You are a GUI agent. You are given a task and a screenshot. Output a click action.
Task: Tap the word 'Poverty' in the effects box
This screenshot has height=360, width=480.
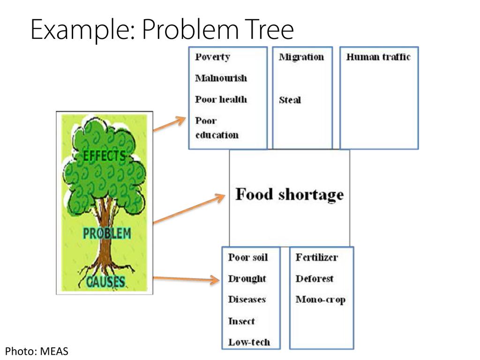click(212, 57)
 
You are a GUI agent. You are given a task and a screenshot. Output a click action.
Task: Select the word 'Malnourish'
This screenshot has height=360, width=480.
click(221, 78)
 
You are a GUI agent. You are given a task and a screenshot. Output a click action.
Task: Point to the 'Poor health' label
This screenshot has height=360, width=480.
click(221, 99)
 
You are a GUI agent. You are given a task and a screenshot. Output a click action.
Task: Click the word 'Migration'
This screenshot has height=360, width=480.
click(301, 57)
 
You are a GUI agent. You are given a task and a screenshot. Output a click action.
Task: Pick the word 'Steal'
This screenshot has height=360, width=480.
click(290, 100)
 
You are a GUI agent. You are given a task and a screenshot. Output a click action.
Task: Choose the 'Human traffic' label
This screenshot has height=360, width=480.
click(378, 57)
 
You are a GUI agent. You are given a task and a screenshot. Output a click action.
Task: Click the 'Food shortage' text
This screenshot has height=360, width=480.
click(289, 194)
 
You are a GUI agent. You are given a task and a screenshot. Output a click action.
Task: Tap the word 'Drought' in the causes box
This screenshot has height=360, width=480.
click(247, 279)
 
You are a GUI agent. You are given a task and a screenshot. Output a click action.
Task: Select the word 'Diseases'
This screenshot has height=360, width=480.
click(247, 300)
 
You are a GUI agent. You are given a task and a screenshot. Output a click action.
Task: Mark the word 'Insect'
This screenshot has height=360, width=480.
click(241, 321)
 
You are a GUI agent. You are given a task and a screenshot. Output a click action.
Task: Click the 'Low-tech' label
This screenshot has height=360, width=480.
click(249, 342)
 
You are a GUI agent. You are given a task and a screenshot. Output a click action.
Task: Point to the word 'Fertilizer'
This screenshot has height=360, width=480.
click(316, 257)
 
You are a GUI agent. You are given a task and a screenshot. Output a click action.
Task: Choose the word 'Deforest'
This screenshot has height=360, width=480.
click(315, 279)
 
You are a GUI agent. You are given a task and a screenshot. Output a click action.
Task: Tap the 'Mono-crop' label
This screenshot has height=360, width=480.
click(320, 300)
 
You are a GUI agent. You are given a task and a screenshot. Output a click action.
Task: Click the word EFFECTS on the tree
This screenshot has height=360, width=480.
click(104, 156)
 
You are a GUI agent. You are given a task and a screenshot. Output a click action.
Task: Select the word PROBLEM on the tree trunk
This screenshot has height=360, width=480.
click(107, 233)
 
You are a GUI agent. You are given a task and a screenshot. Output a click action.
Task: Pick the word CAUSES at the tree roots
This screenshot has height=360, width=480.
click(106, 281)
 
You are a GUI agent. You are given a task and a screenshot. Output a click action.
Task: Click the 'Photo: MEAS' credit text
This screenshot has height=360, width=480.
click(37, 351)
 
